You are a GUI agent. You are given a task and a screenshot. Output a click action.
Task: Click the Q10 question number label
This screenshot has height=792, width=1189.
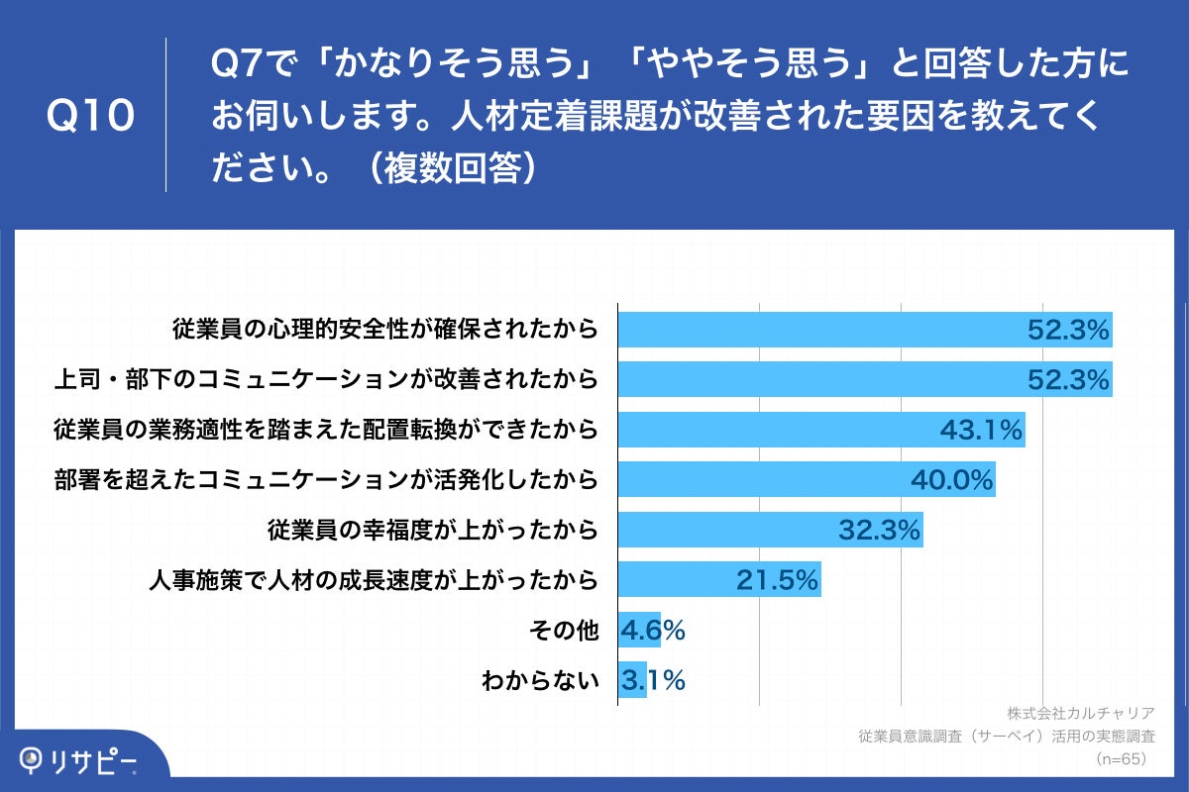coord(90,116)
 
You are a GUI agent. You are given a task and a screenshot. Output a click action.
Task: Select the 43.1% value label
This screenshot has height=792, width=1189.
coord(980,430)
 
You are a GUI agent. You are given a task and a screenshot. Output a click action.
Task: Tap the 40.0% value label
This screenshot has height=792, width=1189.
coord(951,480)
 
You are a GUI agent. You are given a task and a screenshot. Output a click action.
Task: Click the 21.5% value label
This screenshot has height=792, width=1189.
coord(777,580)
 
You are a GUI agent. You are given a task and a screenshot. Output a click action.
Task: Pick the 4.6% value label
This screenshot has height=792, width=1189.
coord(653,630)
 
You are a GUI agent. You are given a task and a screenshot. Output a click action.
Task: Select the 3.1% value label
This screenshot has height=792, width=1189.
coord(653,680)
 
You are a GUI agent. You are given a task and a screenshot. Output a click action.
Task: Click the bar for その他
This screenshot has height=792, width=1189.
coord(638,630)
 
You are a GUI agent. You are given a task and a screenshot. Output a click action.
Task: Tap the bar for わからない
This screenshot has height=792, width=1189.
coord(632,680)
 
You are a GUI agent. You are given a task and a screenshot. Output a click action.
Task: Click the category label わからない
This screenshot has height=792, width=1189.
coord(540,680)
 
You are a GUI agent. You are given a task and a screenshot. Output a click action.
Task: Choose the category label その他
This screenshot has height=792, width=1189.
coord(568,630)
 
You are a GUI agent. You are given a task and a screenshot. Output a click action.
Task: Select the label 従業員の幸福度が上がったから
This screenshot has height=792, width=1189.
coord(433,530)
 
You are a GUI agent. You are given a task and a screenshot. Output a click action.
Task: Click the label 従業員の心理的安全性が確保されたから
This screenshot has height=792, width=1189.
coord(385,329)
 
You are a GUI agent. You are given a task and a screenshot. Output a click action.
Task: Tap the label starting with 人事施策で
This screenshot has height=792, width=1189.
coord(373,580)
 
